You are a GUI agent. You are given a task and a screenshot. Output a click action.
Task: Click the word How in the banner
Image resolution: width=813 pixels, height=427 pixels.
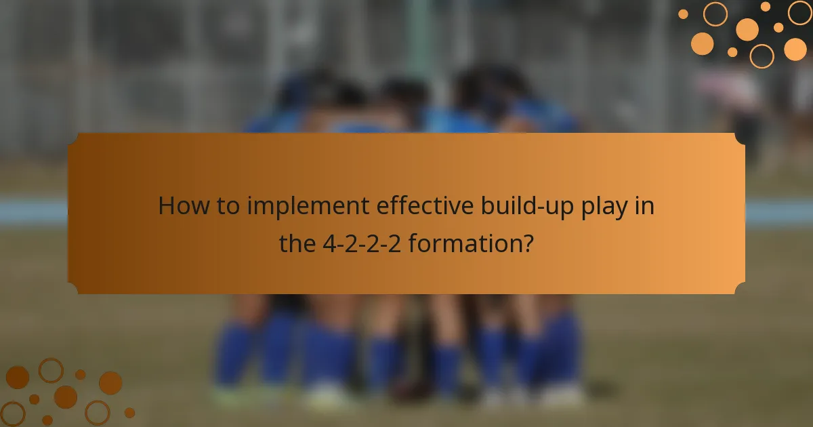[180, 206]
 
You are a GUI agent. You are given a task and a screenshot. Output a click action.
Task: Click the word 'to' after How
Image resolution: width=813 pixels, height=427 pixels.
[224, 206]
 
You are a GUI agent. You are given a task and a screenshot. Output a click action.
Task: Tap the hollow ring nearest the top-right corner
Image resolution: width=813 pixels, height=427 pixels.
[799, 12]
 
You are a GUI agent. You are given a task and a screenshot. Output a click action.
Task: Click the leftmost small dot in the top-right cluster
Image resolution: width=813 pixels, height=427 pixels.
[683, 14]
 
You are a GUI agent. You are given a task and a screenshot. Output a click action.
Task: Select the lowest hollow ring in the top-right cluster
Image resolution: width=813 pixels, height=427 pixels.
[762, 56]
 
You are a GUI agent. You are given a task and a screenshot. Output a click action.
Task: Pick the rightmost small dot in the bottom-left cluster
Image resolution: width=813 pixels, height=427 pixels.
[129, 412]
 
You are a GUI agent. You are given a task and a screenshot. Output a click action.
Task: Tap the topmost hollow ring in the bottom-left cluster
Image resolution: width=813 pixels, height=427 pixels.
[51, 370]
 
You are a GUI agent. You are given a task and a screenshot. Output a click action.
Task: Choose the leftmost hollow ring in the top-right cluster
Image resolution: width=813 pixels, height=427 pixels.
[715, 14]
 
